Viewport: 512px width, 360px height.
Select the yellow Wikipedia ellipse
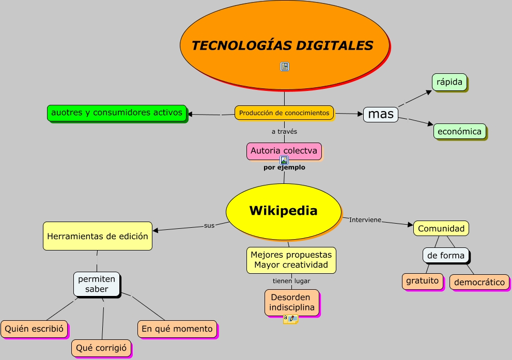click(x=283, y=211)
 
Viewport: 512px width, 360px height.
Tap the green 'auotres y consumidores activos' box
click(x=117, y=113)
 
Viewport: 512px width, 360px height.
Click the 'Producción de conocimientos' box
click(x=284, y=113)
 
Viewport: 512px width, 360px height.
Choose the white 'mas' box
click(x=381, y=114)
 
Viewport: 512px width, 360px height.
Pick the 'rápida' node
click(x=449, y=82)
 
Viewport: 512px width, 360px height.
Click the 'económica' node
click(x=459, y=131)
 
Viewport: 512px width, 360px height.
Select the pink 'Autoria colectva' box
click(x=284, y=151)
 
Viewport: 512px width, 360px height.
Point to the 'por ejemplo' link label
click(x=284, y=167)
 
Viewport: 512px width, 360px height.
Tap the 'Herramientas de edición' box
click(x=98, y=236)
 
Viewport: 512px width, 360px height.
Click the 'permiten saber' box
click(x=97, y=284)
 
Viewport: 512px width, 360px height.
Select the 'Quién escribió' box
click(x=34, y=328)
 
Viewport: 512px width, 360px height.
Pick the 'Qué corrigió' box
click(x=101, y=348)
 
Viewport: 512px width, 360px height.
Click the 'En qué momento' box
click(x=177, y=328)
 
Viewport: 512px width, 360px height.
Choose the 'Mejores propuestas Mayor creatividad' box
click(x=291, y=260)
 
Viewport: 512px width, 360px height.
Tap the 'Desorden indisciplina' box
click(x=292, y=302)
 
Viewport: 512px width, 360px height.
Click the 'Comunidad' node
click(x=441, y=228)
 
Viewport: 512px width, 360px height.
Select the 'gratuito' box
click(x=423, y=281)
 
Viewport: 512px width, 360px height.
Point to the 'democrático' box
click(x=479, y=282)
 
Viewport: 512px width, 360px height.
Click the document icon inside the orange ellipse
click(x=285, y=66)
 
